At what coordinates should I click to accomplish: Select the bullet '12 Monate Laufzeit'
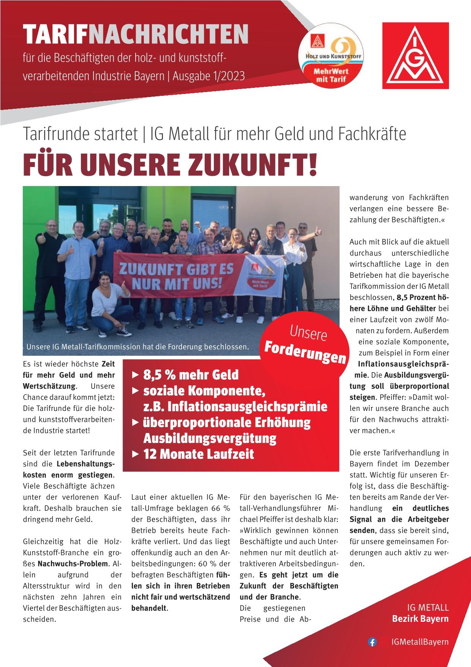coord(198,454)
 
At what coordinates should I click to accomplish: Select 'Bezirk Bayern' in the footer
coord(420,619)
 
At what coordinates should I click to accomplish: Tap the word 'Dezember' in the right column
coord(431,464)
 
